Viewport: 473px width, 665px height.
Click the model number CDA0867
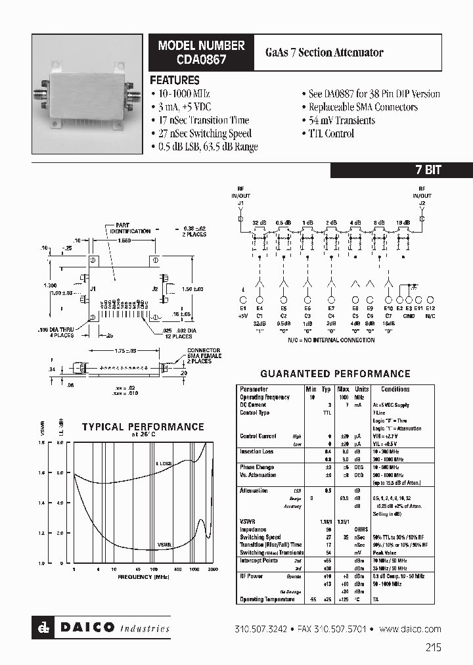[x=202, y=60]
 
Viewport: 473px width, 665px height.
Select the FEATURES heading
[x=175, y=80]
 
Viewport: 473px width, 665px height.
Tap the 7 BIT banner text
[x=428, y=170]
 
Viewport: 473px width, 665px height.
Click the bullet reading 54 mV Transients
[x=338, y=120]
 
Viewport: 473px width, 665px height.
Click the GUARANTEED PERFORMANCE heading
[x=336, y=374]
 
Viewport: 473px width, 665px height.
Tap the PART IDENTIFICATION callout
[x=130, y=228]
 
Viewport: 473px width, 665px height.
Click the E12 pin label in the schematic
[x=430, y=308]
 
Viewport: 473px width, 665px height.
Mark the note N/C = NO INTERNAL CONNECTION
[x=331, y=340]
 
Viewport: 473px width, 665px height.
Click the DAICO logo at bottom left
[x=101, y=628]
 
